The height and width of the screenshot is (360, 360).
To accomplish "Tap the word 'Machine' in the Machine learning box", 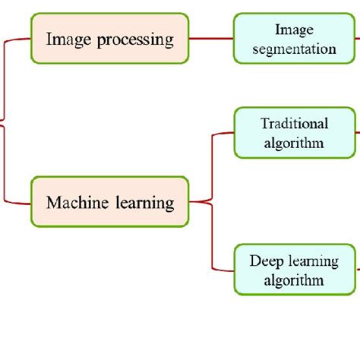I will point(73,203).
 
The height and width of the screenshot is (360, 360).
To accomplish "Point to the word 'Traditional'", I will point(294,123).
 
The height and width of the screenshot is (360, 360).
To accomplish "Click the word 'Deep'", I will point(266,261).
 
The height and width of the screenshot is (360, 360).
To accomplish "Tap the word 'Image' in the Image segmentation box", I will point(295,30).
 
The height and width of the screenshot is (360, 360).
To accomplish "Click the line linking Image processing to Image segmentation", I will point(210,38).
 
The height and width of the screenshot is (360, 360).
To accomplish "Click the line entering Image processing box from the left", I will point(19,38).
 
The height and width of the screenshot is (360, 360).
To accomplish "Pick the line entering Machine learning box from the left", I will point(19,202).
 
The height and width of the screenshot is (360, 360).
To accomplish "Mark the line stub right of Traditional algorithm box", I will point(357,133).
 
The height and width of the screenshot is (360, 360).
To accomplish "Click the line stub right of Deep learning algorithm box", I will point(357,270).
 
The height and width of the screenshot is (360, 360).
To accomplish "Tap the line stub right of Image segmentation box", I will point(357,38).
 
